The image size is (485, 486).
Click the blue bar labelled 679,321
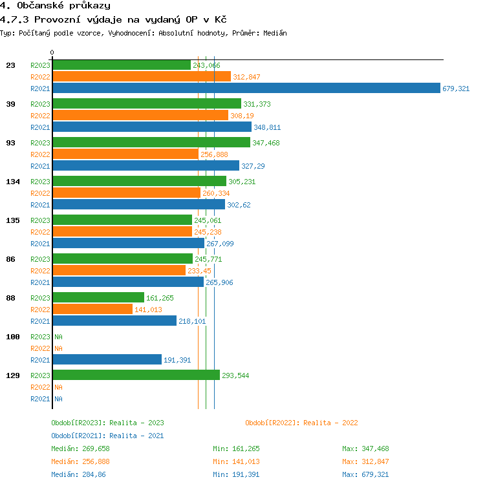[x=246, y=89]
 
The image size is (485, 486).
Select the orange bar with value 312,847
[x=142, y=77]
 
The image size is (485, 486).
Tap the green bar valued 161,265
[x=98, y=298]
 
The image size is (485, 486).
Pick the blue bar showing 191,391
[x=107, y=360]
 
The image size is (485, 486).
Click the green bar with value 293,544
[x=136, y=375]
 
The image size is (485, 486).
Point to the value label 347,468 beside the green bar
[x=266, y=143]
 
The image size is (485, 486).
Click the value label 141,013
[x=148, y=310]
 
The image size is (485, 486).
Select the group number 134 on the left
[x=14, y=182]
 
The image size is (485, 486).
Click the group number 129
[x=14, y=375]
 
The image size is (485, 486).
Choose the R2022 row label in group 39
[x=40, y=116]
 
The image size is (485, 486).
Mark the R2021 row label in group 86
[x=40, y=282]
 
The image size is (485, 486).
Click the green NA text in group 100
[x=58, y=337]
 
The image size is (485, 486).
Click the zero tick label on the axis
[x=52, y=52]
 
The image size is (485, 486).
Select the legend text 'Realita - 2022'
[x=330, y=423]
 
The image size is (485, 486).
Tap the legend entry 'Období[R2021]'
[x=78, y=436]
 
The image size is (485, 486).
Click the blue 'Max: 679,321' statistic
[x=365, y=474]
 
